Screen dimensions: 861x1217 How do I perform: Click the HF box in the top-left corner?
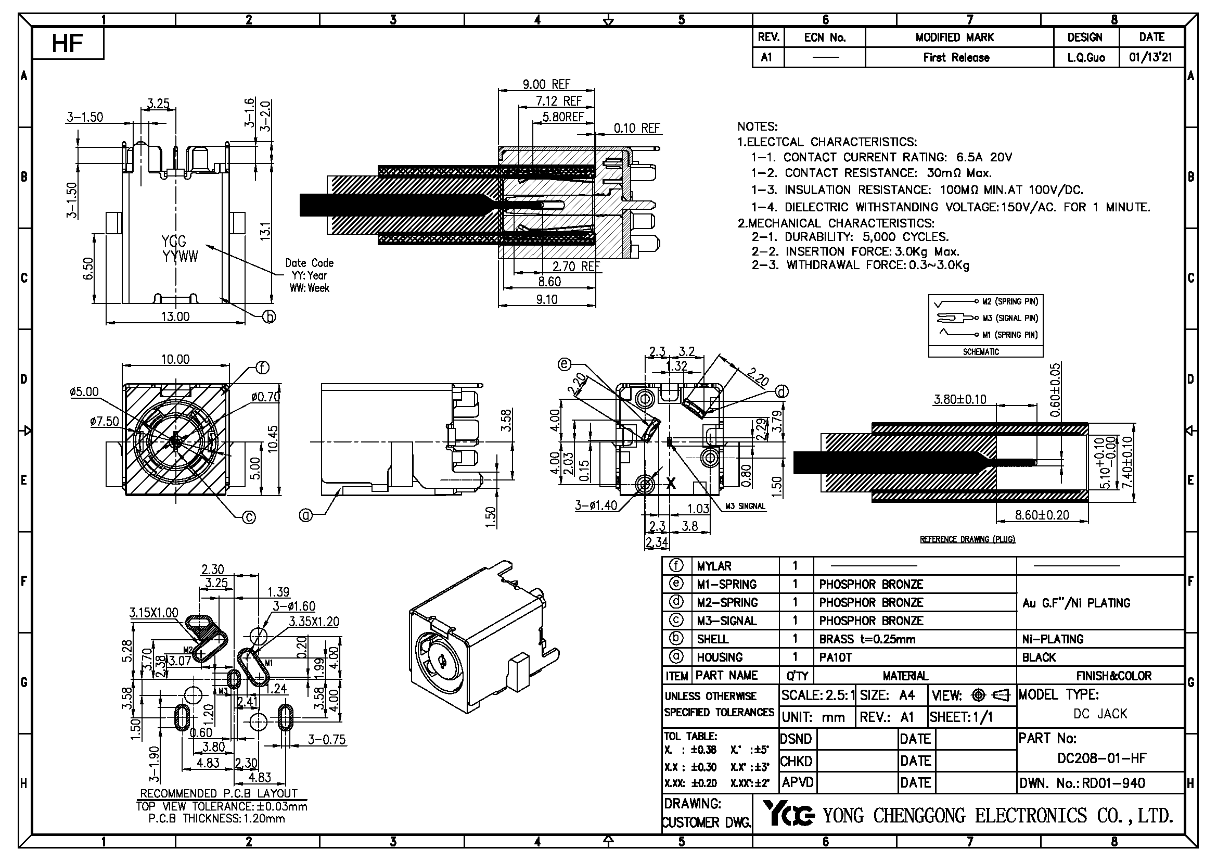pos(67,44)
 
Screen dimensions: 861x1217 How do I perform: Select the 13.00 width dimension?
pos(175,316)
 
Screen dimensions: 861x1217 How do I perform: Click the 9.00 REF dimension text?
pos(546,84)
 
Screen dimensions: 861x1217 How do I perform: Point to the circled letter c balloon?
pos(249,517)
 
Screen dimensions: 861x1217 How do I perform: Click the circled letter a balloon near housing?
pos(306,514)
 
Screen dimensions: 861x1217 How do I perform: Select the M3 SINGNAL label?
pos(745,507)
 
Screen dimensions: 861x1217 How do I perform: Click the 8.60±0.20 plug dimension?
pos(1042,515)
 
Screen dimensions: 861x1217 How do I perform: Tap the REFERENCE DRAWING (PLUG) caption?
pos(967,539)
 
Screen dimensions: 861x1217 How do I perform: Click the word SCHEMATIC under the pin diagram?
pos(981,351)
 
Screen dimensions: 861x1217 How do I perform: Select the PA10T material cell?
pos(836,657)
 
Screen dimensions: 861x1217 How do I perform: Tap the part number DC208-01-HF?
pos(1101,758)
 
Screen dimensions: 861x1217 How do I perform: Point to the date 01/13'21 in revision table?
pos(1151,57)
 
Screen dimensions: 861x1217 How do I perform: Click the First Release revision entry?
pos(956,57)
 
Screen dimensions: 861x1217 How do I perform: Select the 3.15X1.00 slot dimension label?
pos(153,613)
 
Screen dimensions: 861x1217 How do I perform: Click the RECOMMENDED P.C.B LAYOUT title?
pos(218,793)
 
